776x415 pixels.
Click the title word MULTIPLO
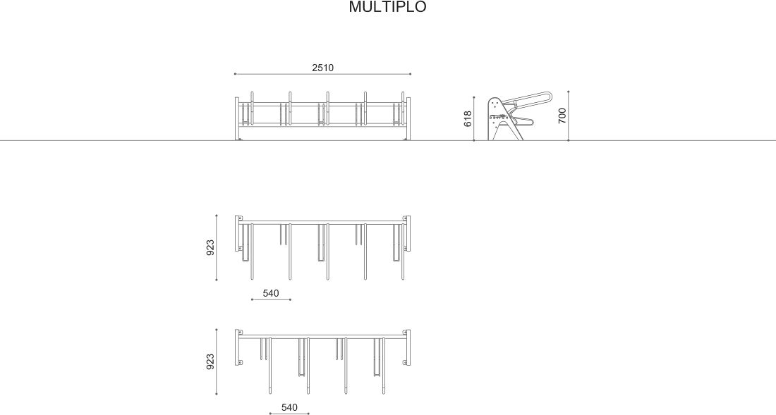coord(387,8)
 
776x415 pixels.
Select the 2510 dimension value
coord(322,68)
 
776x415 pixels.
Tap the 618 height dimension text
coord(468,118)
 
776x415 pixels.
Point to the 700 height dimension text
coord(562,116)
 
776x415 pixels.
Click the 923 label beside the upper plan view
coord(210,248)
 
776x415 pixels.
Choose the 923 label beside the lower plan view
coord(210,361)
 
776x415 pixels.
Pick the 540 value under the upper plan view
coord(271,292)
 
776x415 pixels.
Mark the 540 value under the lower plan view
coord(289,407)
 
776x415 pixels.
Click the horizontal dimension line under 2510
coord(322,74)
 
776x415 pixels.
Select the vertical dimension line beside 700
coord(569,116)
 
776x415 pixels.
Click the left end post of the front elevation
coord(237,118)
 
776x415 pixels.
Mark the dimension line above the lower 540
coord(289,414)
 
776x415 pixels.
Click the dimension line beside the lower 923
coord(217,361)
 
